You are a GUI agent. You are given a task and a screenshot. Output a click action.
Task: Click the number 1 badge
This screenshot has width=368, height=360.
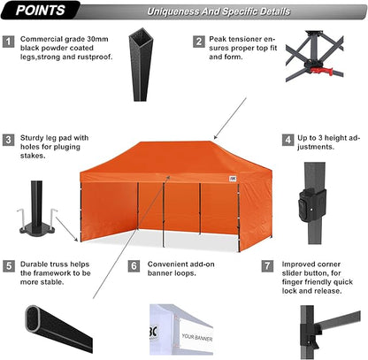(x=8, y=41)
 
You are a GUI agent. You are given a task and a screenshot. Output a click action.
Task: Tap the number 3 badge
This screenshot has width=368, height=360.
(x=8, y=140)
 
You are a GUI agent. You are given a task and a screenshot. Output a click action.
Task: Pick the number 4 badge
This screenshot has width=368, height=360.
(x=287, y=140)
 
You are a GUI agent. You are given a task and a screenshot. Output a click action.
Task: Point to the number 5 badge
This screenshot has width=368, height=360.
(x=8, y=265)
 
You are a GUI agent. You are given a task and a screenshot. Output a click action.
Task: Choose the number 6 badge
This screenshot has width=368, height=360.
(x=134, y=265)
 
